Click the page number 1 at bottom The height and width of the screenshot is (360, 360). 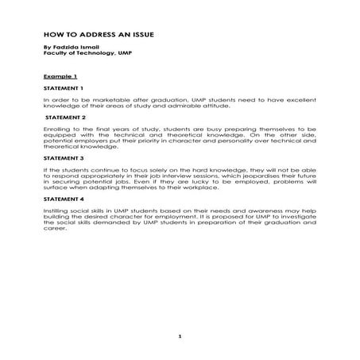coord(180,336)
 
